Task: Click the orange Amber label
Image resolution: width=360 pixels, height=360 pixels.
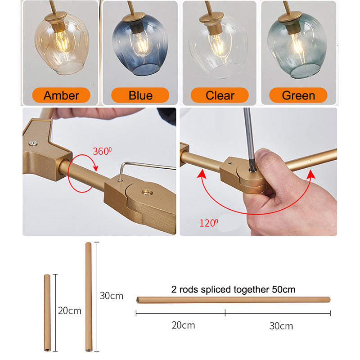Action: pos(61,95)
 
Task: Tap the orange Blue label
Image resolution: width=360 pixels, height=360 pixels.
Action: pos(140,95)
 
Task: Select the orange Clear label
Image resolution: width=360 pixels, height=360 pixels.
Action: pos(220,95)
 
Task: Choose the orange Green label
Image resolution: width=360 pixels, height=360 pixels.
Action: pos(298,95)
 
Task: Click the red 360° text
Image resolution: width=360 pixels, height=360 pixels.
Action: pos(102,151)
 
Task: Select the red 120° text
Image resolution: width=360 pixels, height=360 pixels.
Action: pos(209,223)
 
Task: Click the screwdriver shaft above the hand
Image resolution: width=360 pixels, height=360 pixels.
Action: pos(249,138)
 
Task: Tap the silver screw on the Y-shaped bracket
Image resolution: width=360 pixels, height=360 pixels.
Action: pos(33,144)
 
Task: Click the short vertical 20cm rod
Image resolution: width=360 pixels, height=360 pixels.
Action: pos(47,312)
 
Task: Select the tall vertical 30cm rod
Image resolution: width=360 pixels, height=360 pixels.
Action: pos(88,297)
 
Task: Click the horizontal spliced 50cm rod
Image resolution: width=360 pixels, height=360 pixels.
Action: pos(233,300)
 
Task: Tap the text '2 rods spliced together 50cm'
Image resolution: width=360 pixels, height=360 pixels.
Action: pos(233,289)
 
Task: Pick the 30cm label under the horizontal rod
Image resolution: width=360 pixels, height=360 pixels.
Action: pos(281,326)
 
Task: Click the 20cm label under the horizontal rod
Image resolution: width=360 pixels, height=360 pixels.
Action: pos(183,325)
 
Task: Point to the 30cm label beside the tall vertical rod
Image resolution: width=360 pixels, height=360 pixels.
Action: pos(111,296)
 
